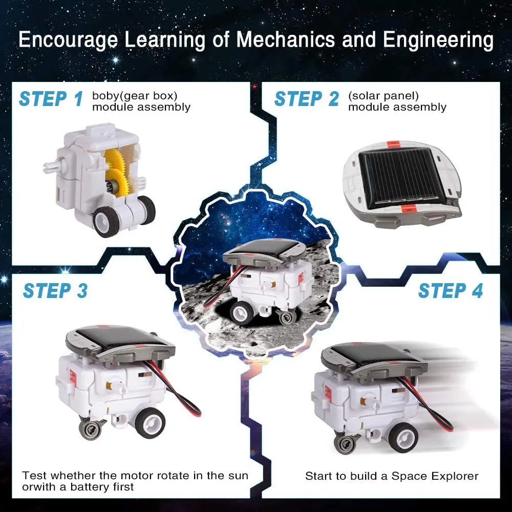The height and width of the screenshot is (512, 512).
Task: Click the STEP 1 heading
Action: [50, 99]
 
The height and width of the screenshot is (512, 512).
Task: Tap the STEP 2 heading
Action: [306, 99]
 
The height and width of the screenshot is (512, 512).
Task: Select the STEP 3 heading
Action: [55, 291]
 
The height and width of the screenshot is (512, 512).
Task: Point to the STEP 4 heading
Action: [450, 291]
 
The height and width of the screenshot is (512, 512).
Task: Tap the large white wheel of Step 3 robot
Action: [151, 423]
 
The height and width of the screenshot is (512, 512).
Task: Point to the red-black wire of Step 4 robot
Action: [435, 410]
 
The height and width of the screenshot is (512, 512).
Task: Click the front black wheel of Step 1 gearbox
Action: [106, 221]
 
